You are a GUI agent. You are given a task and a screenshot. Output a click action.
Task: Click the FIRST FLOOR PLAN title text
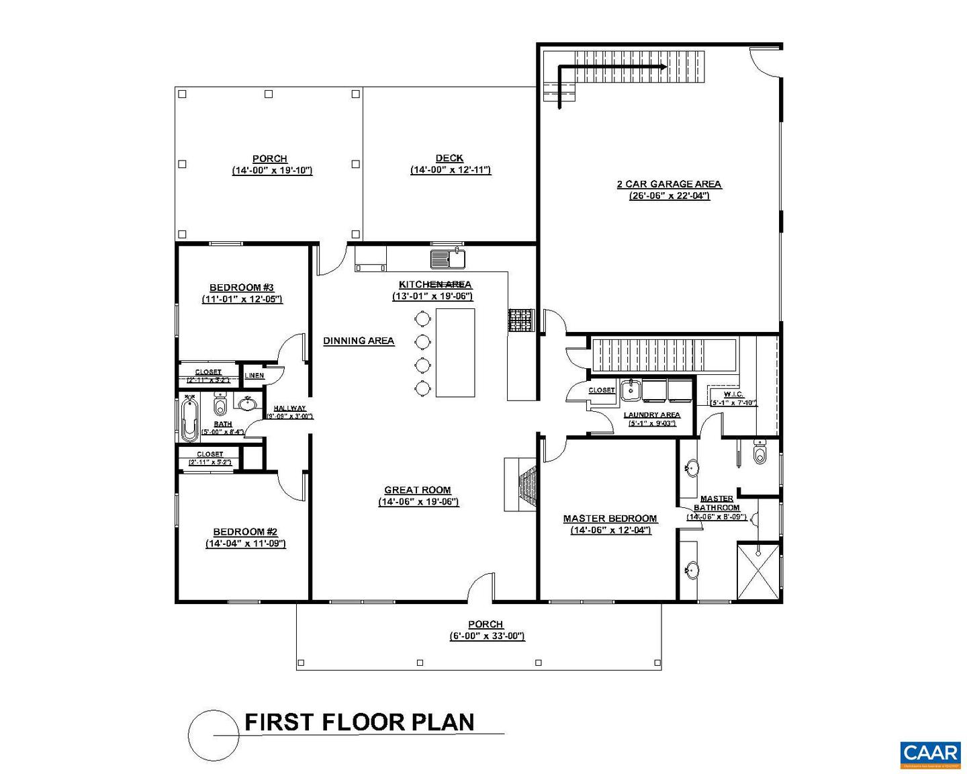[359, 722]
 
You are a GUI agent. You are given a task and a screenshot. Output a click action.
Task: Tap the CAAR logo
[929, 754]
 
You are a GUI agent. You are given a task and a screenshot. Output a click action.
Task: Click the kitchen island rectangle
[455, 353]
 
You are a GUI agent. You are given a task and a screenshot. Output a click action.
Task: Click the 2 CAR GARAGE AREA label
[669, 184]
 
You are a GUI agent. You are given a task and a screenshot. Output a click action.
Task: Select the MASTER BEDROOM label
[610, 519]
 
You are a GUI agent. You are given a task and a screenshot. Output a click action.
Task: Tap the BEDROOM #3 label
[242, 288]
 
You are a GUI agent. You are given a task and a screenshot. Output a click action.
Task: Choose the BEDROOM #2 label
[245, 532]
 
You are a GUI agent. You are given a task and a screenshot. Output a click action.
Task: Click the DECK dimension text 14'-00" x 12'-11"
[451, 171]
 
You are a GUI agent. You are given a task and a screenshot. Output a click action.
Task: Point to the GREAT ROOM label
[418, 490]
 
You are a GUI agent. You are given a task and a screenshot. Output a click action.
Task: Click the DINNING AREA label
[359, 341]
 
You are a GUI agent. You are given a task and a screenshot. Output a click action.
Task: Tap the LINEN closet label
[255, 376]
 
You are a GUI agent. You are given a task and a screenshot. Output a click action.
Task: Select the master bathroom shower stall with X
[759, 572]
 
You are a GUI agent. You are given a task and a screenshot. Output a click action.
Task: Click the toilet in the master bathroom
[759, 452]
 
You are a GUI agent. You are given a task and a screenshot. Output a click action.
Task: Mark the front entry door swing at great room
[482, 587]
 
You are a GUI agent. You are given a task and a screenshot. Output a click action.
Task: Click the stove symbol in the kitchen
[520, 320]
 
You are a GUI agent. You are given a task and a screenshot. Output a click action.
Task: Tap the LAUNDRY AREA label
[651, 415]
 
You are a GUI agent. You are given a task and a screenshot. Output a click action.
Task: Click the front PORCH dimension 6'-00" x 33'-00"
[487, 636]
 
